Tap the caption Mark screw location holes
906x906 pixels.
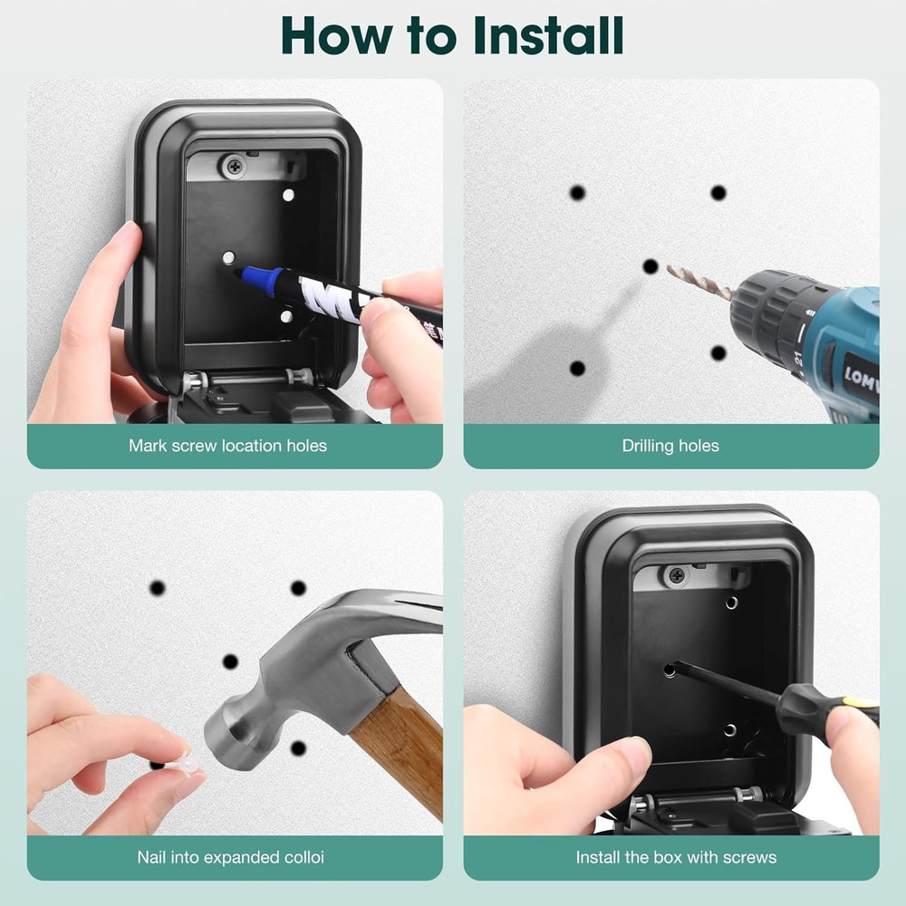pos(227,445)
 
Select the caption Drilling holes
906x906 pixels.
pos(670,445)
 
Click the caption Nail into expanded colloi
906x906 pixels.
pos(230,856)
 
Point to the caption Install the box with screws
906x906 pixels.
pos(676,856)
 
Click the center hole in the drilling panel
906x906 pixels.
pos(651,266)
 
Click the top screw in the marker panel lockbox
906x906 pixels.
pos(236,166)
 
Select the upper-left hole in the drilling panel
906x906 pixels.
pos(577,193)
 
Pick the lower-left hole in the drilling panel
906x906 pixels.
pos(577,369)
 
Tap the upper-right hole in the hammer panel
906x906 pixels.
pos(298,588)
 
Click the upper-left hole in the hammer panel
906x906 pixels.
pos(158,588)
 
